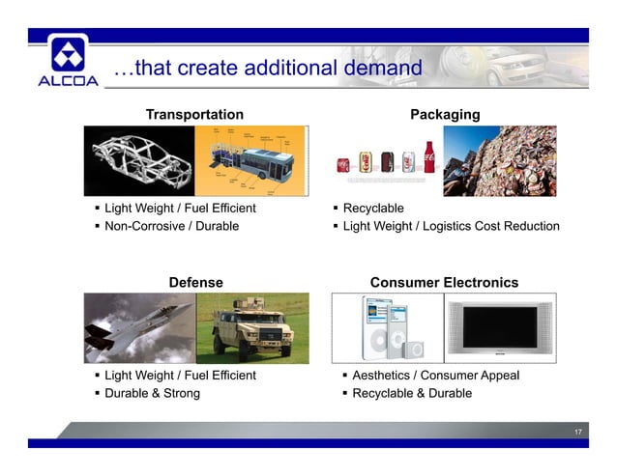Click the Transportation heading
(x=194, y=115)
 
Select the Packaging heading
(x=445, y=115)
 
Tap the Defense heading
(x=196, y=283)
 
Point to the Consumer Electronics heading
(x=444, y=283)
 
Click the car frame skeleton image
(x=139, y=160)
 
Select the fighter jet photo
(x=139, y=327)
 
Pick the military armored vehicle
(x=252, y=327)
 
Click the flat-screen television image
(x=500, y=327)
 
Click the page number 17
(x=577, y=431)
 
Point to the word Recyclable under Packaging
(x=373, y=209)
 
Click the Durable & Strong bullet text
(x=153, y=394)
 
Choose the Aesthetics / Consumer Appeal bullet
(x=435, y=376)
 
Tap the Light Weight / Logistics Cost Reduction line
(x=451, y=227)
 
